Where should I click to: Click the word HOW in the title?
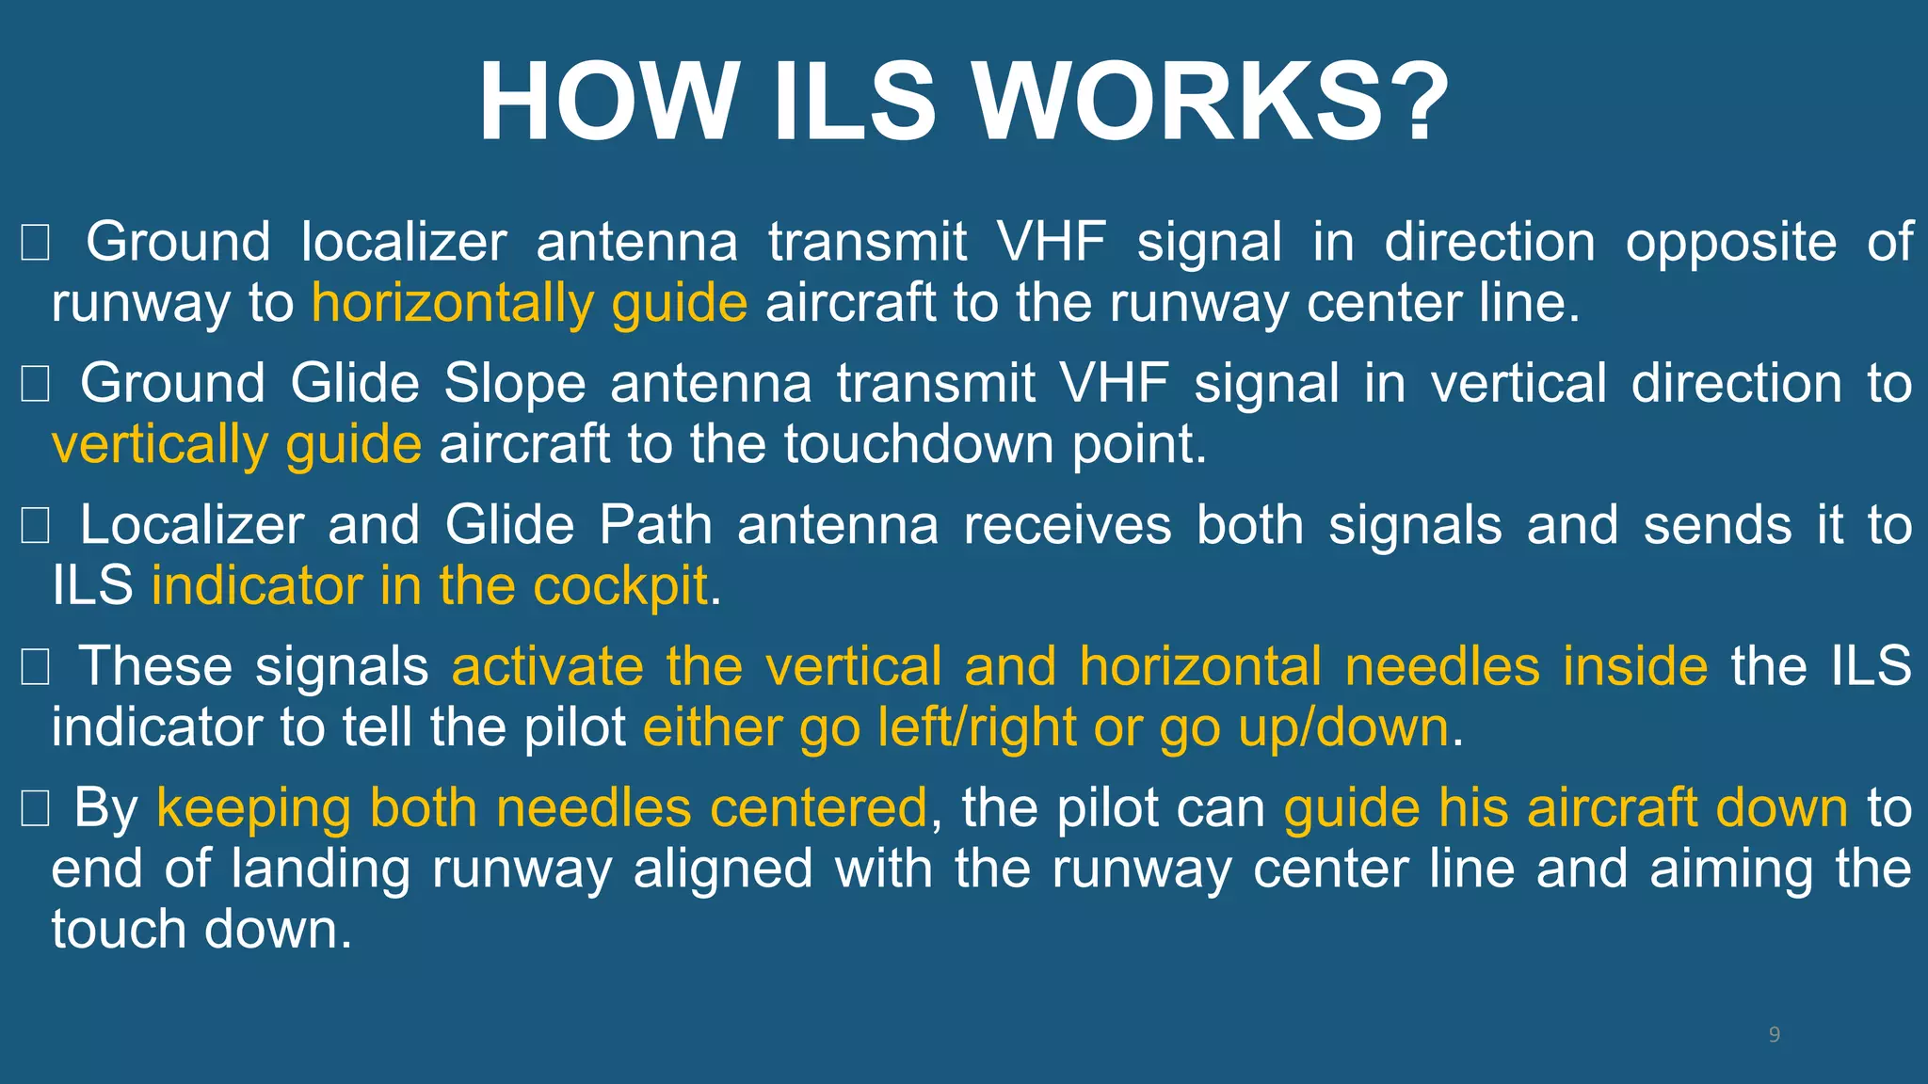pos(606,102)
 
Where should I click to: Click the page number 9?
pos(1775,1035)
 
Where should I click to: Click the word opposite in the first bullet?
pos(1730,242)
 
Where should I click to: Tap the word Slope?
pos(515,384)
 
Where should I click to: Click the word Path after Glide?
pos(655,525)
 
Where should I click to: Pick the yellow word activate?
pos(548,667)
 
